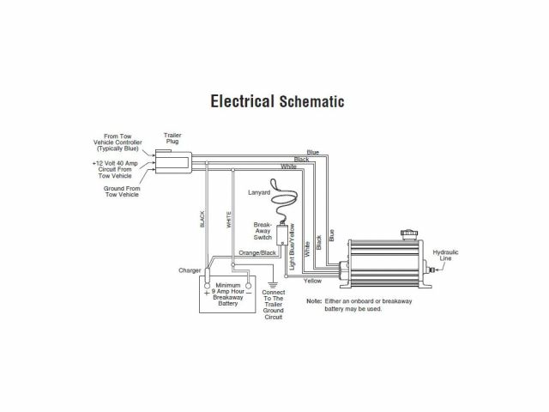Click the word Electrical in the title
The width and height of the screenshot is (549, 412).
(x=242, y=101)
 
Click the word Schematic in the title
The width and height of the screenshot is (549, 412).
(x=312, y=101)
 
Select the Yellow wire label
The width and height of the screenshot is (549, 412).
(x=313, y=282)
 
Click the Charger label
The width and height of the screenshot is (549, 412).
(x=190, y=271)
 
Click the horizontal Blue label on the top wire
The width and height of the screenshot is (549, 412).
(x=313, y=152)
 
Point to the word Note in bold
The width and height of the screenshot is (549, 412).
(x=313, y=300)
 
